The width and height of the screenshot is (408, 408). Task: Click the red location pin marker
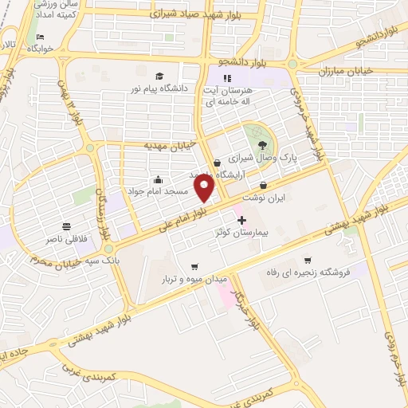206,188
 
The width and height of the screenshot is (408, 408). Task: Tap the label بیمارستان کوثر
243,232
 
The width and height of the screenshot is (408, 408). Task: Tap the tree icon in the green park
263,145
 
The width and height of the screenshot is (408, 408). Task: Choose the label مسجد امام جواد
158,192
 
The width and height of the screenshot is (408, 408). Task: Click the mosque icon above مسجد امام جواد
158,180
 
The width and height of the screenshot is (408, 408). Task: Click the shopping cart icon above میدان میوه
194,266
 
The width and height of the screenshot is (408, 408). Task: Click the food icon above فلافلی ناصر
65,226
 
